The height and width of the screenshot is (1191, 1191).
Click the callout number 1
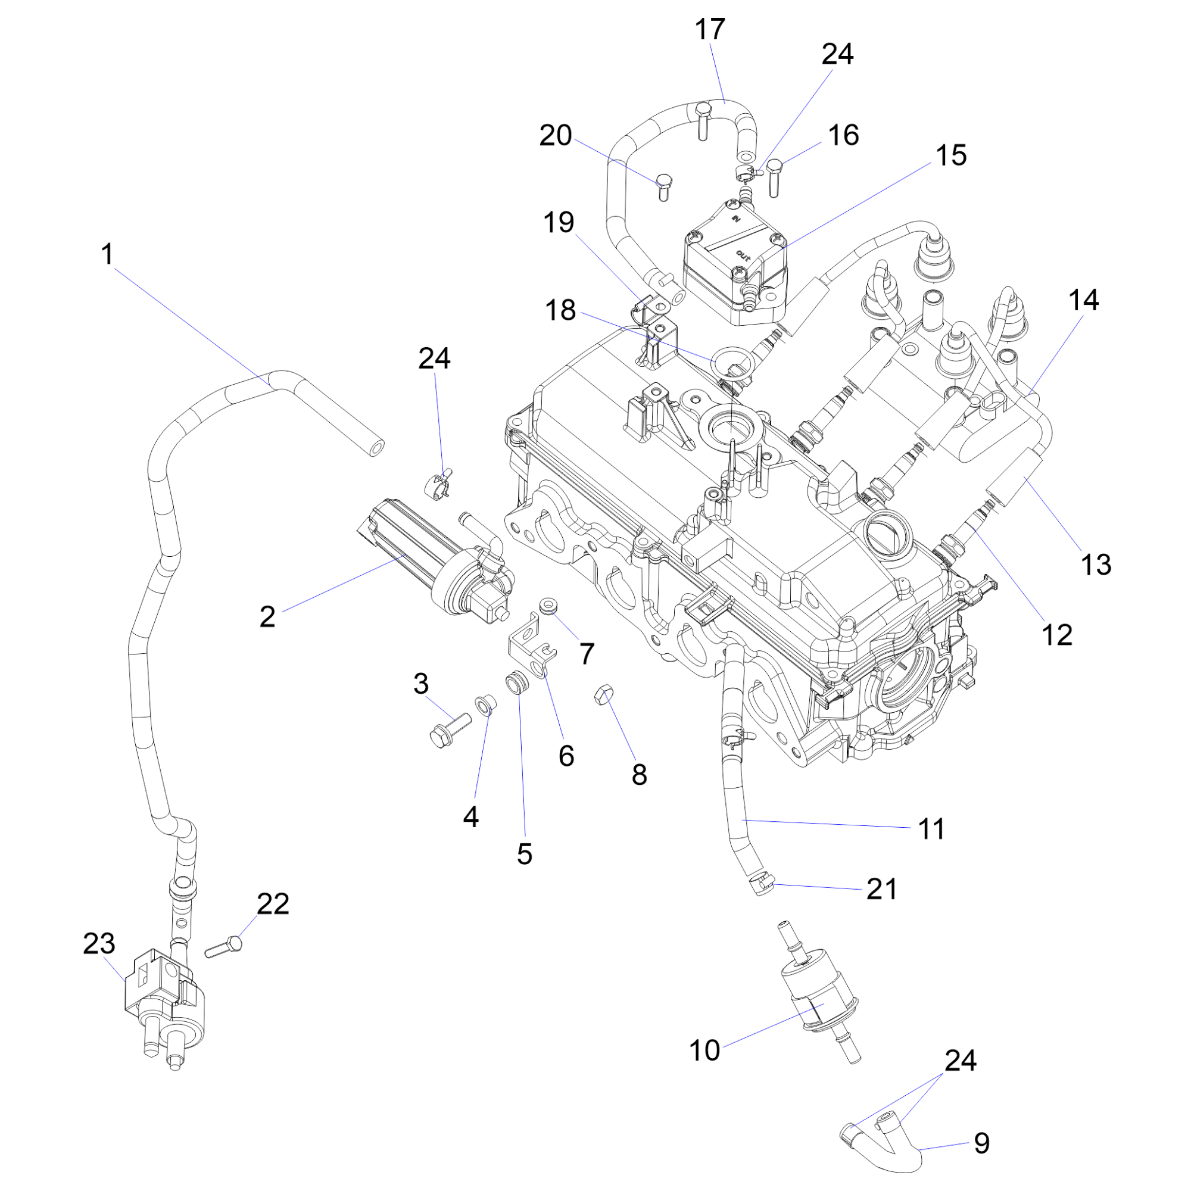click(x=108, y=255)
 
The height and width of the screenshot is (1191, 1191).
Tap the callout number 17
click(x=710, y=30)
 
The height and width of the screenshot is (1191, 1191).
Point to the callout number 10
click(x=704, y=1050)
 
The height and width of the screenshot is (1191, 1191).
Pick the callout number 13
click(x=1096, y=564)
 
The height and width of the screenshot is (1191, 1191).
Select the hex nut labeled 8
click(x=602, y=696)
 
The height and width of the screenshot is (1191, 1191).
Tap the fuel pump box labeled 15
click(x=734, y=268)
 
